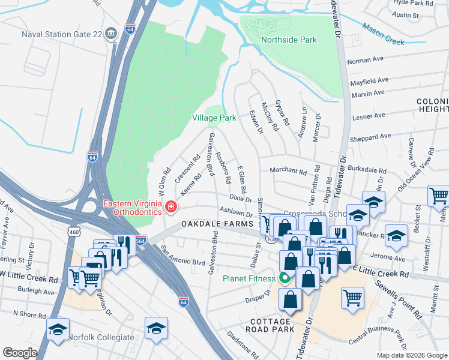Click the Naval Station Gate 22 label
(x=60, y=34)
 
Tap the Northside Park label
(x=289, y=40)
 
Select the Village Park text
(x=214, y=118)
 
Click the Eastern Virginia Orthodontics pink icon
(x=172, y=208)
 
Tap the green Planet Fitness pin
(x=285, y=278)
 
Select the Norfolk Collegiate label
(x=101, y=337)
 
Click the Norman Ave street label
(x=365, y=61)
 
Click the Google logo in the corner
(x=20, y=353)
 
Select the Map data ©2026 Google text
(x=411, y=355)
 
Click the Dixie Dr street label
(x=239, y=198)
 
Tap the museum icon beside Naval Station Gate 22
(x=110, y=34)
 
